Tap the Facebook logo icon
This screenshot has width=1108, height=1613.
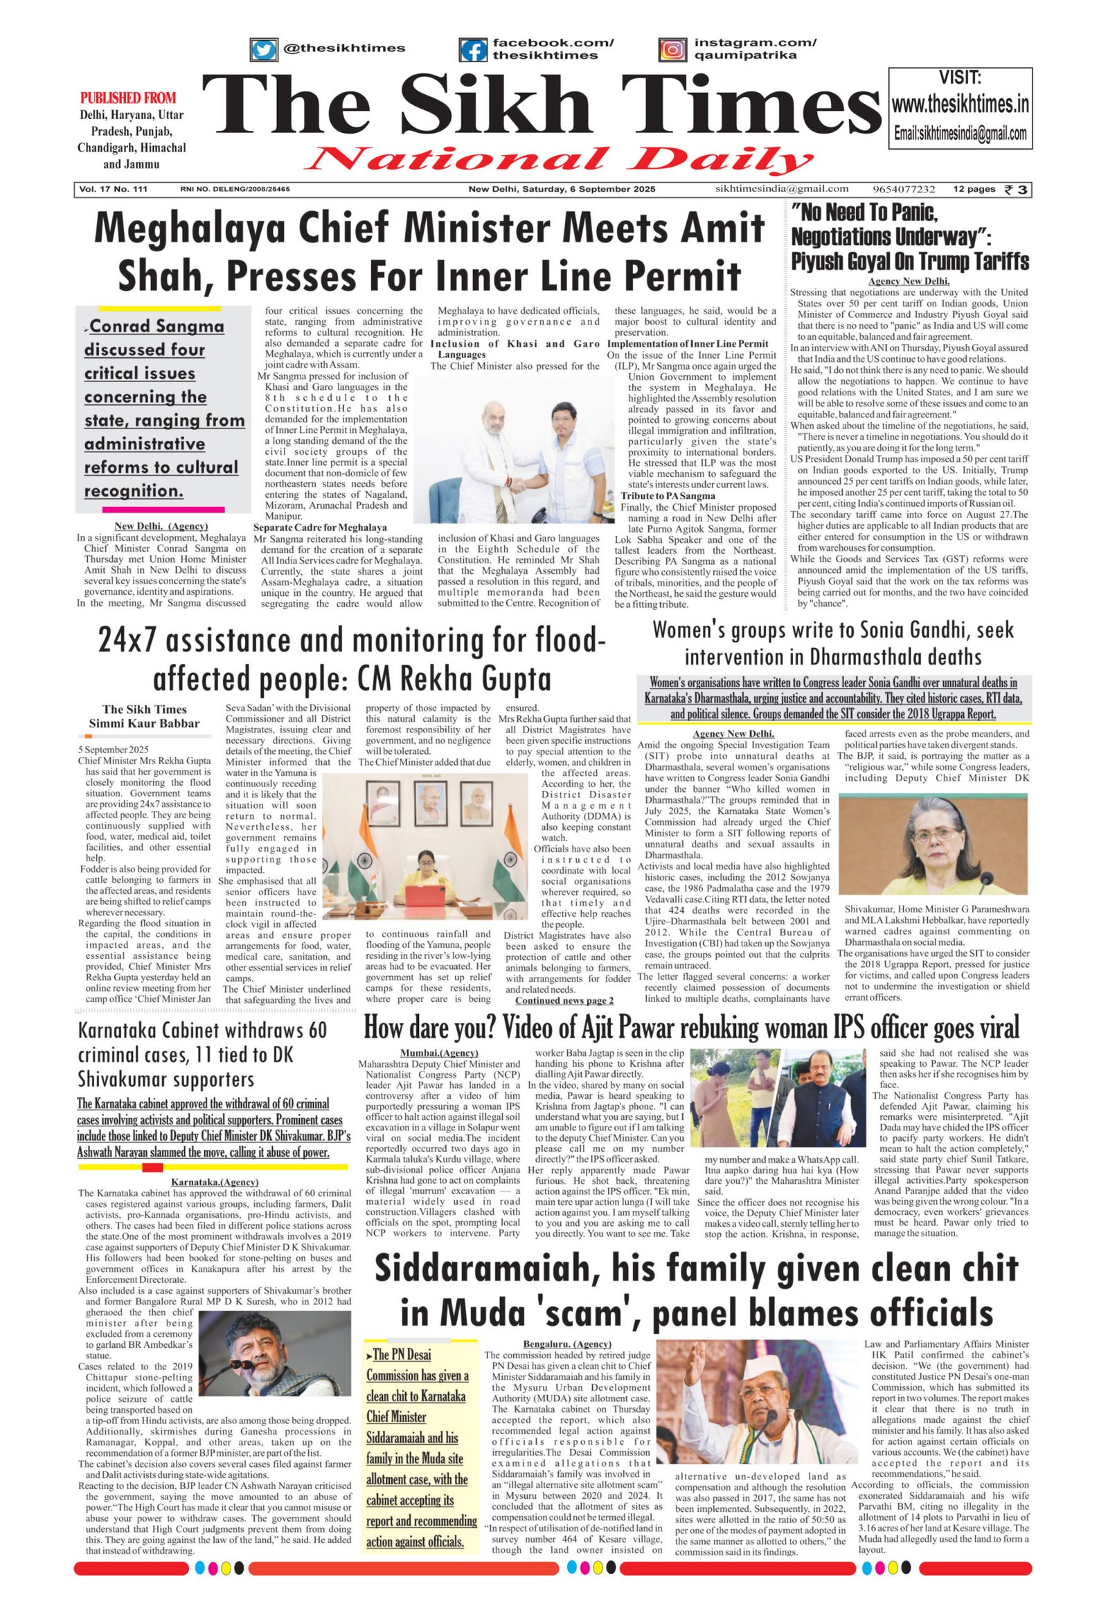474,50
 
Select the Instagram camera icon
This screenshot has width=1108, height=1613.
671,50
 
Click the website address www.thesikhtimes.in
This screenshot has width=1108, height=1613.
960,105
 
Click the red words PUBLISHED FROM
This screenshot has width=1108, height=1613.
128,98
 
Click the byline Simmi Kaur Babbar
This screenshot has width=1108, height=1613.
144,723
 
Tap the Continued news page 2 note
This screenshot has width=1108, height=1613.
564,1000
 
